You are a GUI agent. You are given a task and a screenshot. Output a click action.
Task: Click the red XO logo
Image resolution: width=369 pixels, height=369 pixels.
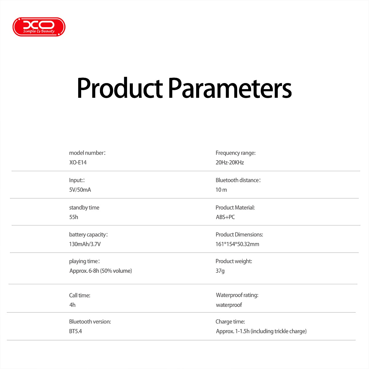pyautogui.click(x=39, y=27)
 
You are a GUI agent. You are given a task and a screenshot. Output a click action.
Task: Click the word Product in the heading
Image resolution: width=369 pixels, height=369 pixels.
pyautogui.click(x=120, y=88)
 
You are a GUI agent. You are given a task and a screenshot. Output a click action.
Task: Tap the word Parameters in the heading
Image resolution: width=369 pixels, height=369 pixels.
pyautogui.click(x=230, y=88)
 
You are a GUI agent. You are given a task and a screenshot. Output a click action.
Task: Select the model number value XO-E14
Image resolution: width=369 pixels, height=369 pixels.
pyautogui.click(x=78, y=162)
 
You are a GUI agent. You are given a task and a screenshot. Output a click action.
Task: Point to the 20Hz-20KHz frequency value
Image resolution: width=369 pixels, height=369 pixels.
pyautogui.click(x=230, y=162)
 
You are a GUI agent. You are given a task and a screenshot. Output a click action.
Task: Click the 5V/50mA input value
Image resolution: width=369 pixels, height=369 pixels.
pyautogui.click(x=80, y=190)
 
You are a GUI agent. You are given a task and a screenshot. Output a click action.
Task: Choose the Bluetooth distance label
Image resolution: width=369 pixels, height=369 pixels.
pyautogui.click(x=238, y=180)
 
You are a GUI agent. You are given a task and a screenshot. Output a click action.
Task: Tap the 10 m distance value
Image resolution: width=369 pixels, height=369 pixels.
pyautogui.click(x=221, y=190)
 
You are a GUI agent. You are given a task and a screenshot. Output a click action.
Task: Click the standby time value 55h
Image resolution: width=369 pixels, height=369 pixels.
pyautogui.click(x=73, y=217)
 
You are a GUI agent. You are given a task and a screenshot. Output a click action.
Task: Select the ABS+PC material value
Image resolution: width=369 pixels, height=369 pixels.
pyautogui.click(x=225, y=217)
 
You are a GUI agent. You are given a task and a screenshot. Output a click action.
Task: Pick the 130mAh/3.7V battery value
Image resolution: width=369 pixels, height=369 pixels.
pyautogui.click(x=85, y=244)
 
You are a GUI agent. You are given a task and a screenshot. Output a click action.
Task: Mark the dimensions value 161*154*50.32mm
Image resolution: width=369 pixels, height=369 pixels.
pyautogui.click(x=237, y=244)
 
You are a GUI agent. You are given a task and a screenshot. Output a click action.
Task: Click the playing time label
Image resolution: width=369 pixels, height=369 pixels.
pyautogui.click(x=84, y=261)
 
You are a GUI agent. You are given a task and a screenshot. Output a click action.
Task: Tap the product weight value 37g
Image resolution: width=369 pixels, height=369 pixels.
pyautogui.click(x=220, y=271)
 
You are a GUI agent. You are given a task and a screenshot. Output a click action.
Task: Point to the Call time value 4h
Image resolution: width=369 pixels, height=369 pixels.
pyautogui.click(x=72, y=305)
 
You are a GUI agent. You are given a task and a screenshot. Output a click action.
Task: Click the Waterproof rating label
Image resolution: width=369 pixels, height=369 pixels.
pyautogui.click(x=237, y=295)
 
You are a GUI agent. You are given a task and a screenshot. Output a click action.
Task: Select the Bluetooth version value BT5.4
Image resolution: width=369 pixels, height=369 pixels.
pyautogui.click(x=75, y=331)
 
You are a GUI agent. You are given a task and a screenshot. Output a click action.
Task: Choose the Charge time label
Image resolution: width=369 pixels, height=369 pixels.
pyautogui.click(x=230, y=322)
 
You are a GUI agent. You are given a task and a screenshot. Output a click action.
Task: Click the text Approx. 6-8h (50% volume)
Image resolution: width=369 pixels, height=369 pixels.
pyautogui.click(x=101, y=271)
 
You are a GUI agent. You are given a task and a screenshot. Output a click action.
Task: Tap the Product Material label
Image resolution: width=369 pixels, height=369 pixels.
pyautogui.click(x=235, y=208)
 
